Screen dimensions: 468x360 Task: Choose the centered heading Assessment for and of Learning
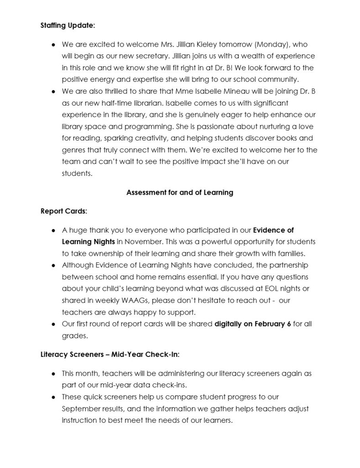point(180,192)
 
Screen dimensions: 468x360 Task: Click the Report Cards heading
point(64,211)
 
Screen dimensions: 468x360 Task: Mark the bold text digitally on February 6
point(253,324)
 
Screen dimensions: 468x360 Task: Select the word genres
point(74,150)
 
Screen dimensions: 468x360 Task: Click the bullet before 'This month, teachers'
point(53,373)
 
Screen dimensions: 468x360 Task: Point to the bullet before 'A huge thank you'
point(53,230)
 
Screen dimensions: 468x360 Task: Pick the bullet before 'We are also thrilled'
point(53,91)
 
